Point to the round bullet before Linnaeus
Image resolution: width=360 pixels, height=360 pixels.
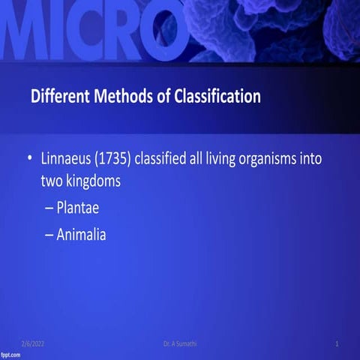tap(29, 159)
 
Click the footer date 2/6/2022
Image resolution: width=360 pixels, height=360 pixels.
tap(33, 343)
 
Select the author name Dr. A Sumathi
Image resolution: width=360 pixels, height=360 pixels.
tap(180, 343)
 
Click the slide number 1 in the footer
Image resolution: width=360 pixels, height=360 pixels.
tap(337, 343)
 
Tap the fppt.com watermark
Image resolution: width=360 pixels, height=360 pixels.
tap(10, 354)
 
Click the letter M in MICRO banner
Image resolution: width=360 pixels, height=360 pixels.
tap(26, 34)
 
